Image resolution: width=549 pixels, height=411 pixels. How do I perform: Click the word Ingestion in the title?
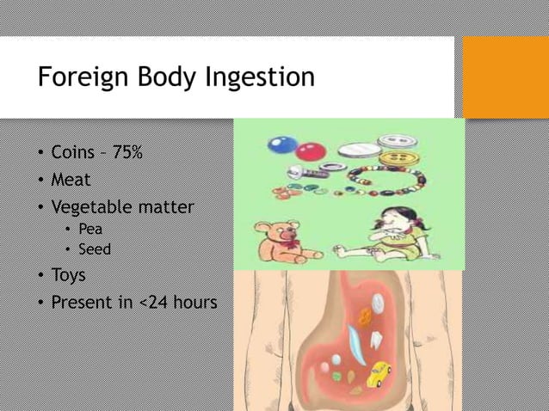pos(261,78)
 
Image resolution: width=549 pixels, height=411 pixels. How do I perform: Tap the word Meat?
pos(71,180)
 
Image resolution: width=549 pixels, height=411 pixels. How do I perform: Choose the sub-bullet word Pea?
pos(90,229)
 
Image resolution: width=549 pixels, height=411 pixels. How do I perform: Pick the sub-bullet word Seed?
pos(95,249)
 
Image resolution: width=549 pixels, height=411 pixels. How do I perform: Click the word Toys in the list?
pos(68,275)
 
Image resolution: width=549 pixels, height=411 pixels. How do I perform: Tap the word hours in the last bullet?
pos(198,303)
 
